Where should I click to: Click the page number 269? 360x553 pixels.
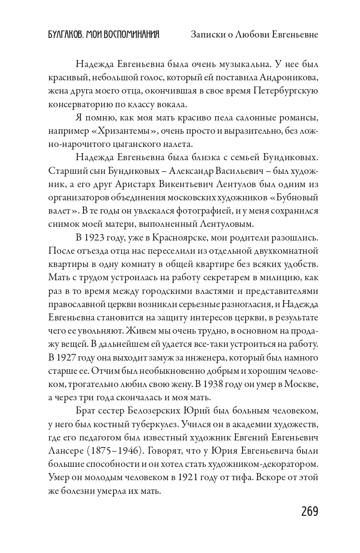click(310, 512)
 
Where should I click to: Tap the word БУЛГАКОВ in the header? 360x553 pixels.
click(64, 34)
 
